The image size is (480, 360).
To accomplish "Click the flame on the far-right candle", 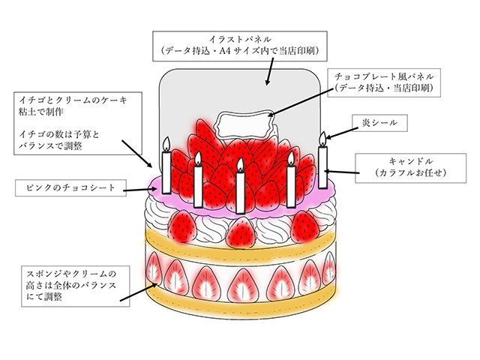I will tap(323, 138).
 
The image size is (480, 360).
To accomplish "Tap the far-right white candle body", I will tap(323, 166).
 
